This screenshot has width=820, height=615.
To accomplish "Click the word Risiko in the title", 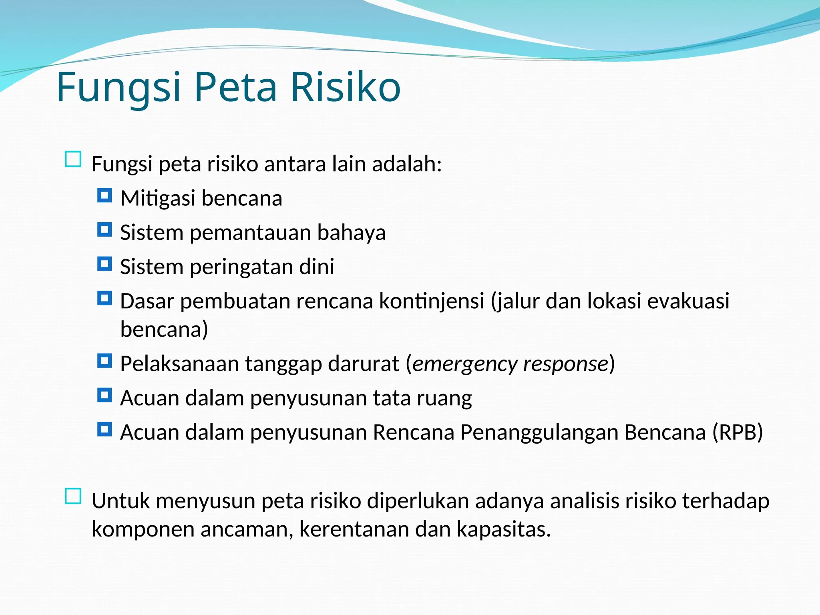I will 345,87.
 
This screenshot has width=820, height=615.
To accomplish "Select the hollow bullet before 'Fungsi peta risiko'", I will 73,159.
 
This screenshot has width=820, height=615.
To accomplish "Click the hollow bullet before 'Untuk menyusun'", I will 73,496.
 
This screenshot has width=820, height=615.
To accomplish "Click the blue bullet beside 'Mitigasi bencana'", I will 105,196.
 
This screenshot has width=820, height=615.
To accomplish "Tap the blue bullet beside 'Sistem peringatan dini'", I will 105,264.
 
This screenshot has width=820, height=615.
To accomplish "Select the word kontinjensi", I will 432,301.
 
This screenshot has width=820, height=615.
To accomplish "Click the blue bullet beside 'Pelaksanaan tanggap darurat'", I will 105,362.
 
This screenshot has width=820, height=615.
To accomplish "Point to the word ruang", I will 444,398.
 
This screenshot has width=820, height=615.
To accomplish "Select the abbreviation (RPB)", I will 738,432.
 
